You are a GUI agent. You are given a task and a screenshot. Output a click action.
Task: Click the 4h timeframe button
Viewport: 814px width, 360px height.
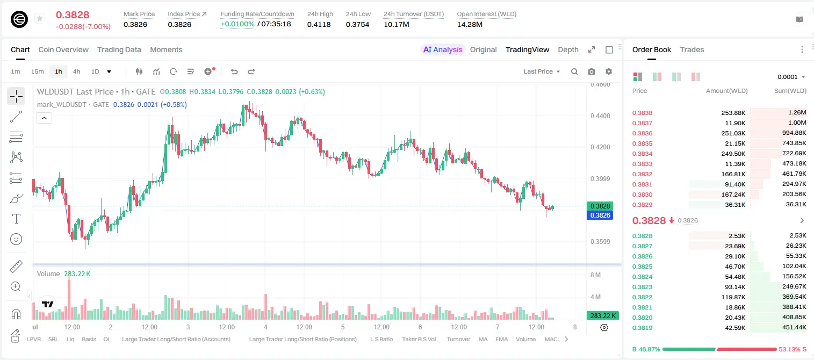point(76,71)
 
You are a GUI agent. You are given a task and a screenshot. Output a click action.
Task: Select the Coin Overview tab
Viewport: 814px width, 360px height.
point(63,49)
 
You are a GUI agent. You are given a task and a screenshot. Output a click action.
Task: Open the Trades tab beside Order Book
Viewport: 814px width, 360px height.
point(692,49)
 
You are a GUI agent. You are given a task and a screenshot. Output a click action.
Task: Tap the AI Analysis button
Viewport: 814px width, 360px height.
point(443,49)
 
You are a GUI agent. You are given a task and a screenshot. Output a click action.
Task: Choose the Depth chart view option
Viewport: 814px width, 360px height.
point(568,49)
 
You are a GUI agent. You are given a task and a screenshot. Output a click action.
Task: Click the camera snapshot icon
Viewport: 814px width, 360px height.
point(592,71)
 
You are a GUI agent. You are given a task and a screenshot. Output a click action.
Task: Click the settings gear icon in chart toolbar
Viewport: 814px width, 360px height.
point(609,71)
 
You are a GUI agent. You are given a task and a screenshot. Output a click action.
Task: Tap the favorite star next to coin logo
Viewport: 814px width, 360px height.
point(40,18)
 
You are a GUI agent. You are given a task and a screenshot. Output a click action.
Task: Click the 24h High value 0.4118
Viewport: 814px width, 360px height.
point(319,24)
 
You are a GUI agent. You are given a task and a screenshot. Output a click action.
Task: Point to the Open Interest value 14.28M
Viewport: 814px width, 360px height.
point(470,24)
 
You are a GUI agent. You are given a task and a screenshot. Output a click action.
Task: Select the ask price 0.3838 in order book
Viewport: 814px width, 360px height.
point(642,113)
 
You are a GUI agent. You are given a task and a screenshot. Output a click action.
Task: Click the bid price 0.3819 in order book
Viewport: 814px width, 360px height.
point(642,328)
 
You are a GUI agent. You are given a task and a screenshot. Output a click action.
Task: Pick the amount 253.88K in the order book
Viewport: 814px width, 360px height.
point(733,113)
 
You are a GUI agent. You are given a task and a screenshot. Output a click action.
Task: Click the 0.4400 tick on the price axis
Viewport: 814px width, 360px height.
point(600,116)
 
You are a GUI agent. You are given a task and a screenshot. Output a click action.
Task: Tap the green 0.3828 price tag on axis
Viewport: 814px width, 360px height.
point(600,206)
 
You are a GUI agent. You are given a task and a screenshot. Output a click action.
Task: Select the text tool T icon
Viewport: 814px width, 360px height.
point(16,219)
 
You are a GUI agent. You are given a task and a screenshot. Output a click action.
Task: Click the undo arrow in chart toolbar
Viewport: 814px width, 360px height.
point(234,71)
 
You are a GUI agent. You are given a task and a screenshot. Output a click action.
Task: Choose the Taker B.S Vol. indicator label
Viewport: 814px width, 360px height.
point(419,339)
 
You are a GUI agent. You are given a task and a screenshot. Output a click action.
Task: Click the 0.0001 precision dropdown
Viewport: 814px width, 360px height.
point(791,77)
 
